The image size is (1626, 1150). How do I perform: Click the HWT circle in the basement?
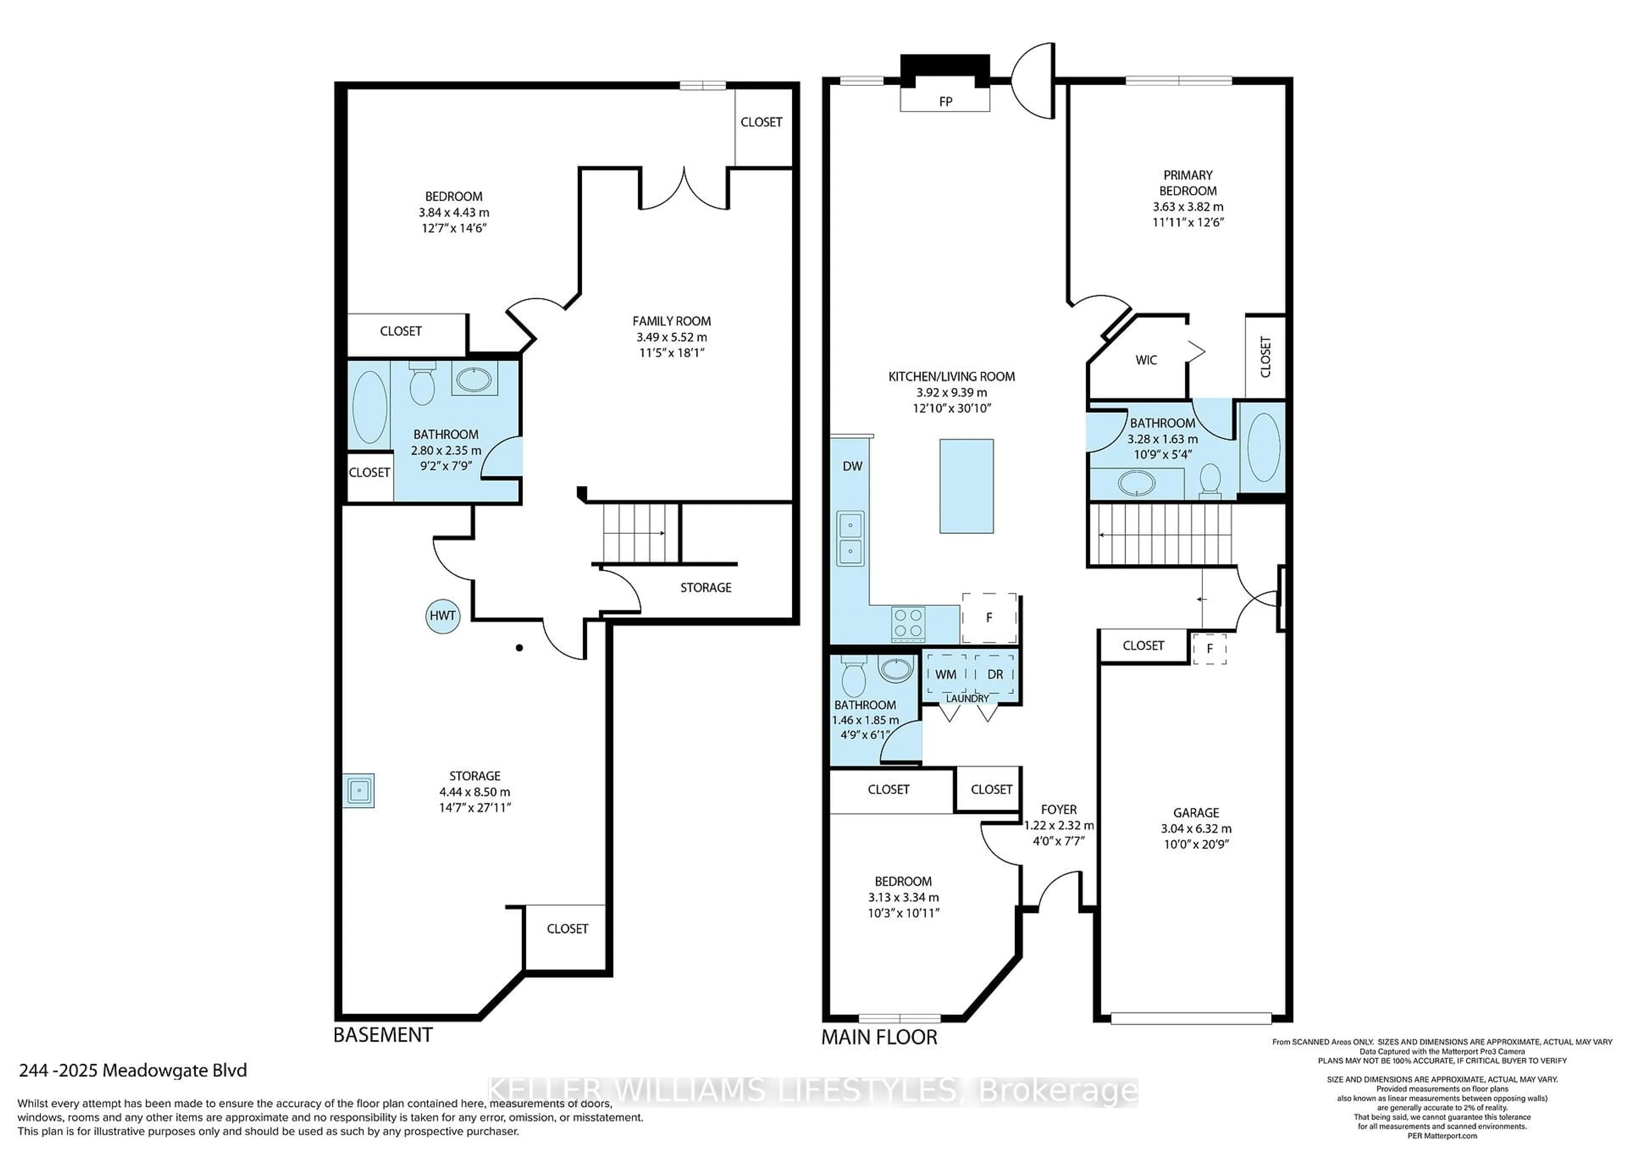(x=442, y=615)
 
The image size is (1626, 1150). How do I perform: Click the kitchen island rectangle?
(x=966, y=486)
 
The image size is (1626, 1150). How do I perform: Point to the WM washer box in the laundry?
(x=946, y=674)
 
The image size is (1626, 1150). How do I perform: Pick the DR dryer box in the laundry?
(x=995, y=674)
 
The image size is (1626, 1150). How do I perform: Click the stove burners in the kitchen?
(x=909, y=624)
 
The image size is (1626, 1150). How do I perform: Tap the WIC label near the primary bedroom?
(x=1146, y=360)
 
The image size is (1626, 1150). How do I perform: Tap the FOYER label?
(x=1058, y=810)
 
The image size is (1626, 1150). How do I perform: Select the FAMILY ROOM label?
(x=672, y=321)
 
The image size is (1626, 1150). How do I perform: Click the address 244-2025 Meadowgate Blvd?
(x=133, y=1070)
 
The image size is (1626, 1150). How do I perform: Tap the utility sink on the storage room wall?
(x=359, y=790)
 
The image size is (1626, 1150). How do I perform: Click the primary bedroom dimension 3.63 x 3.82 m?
(x=1188, y=207)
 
